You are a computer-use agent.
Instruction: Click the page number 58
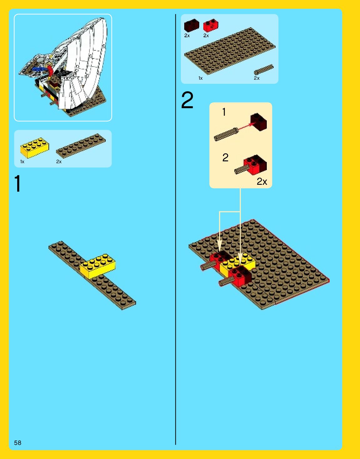click(18, 442)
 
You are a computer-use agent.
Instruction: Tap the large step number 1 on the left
click(18, 183)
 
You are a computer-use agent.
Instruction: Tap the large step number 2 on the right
click(187, 100)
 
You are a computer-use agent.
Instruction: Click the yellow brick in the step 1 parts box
click(35, 148)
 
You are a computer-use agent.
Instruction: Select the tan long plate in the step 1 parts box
click(81, 146)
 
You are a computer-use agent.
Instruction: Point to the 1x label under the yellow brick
click(22, 162)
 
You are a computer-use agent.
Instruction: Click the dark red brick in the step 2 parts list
click(192, 25)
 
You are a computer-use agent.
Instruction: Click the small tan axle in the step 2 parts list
click(264, 70)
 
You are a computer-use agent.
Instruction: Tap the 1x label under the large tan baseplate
click(200, 78)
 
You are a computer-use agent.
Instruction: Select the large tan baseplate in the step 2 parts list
click(230, 51)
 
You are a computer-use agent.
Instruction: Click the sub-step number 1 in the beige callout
click(224, 112)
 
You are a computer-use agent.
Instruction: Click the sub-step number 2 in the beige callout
click(226, 158)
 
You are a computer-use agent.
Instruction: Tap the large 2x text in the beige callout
click(262, 181)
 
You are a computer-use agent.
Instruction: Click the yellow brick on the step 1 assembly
click(98, 266)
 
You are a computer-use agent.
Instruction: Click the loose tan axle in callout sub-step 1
click(226, 134)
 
